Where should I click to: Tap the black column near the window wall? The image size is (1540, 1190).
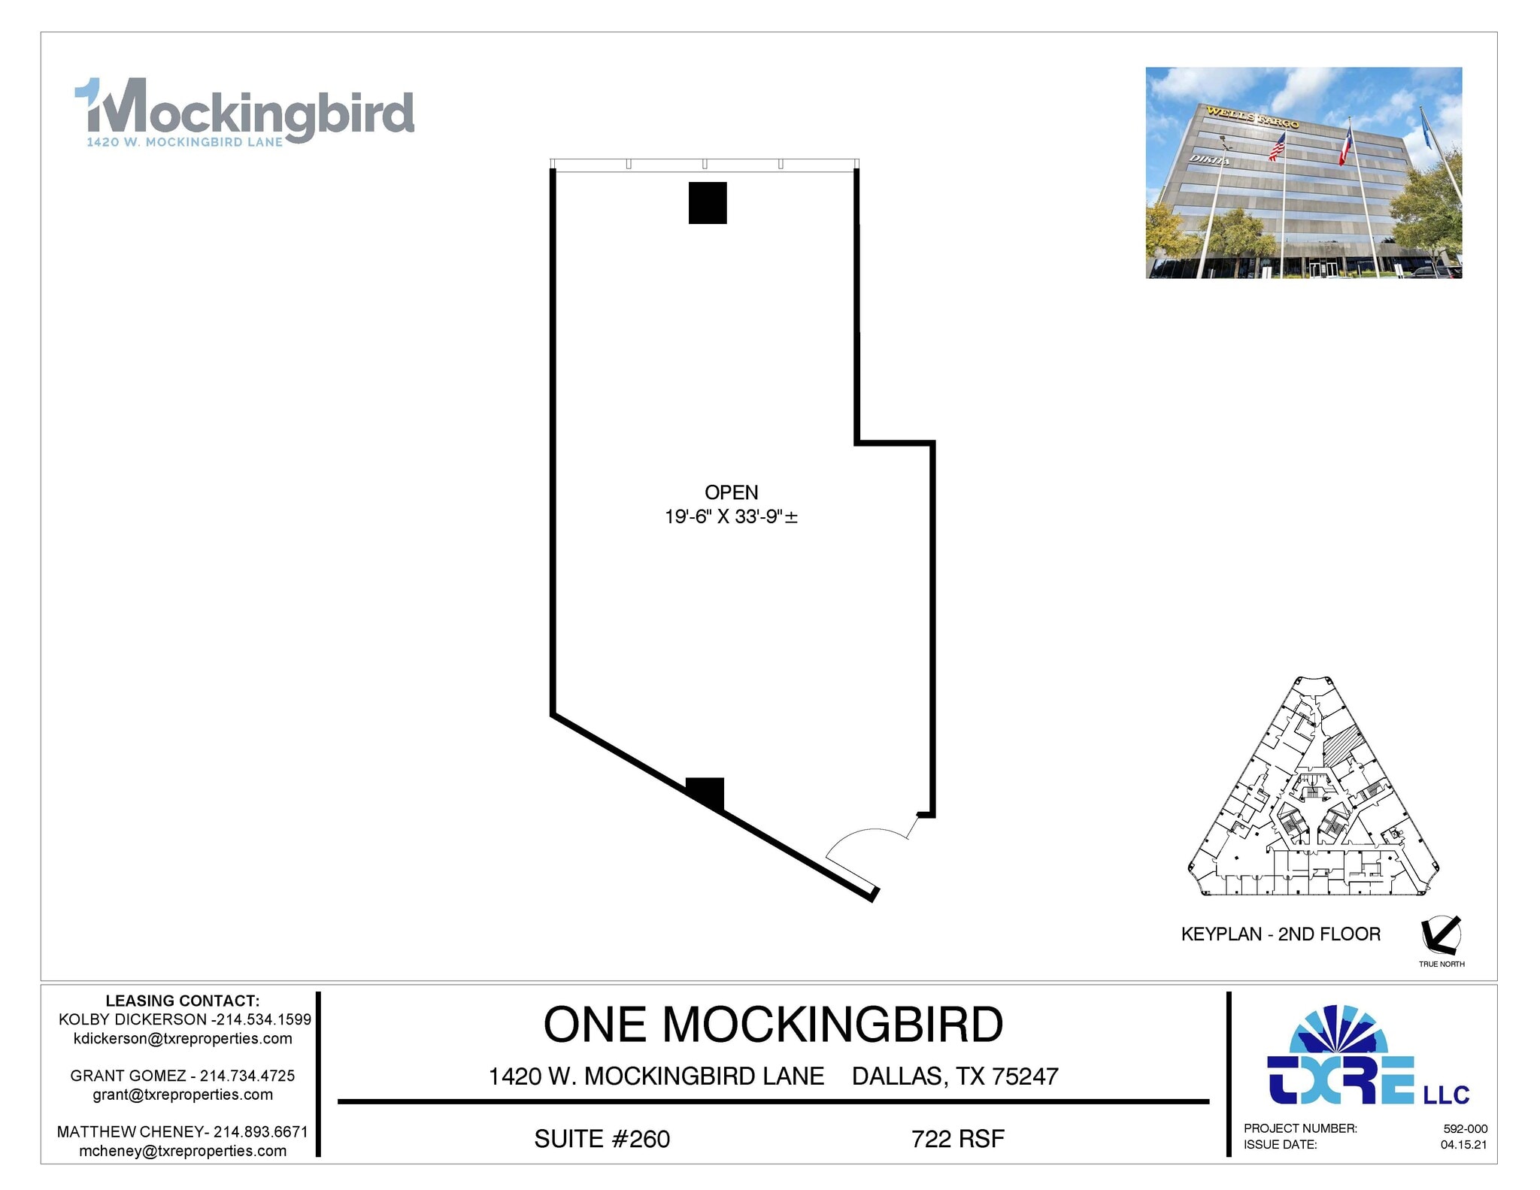[x=708, y=203]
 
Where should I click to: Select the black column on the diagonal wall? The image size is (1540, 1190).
[x=705, y=792]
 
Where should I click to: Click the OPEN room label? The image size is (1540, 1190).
[x=731, y=492]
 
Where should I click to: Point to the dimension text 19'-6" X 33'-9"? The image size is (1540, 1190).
[x=731, y=516]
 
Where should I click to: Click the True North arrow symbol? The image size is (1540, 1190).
[x=1441, y=934]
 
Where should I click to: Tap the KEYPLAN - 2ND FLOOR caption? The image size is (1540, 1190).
[x=1281, y=934]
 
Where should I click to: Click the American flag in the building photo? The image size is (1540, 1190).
[x=1277, y=147]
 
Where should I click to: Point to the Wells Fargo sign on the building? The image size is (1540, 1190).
[x=1252, y=117]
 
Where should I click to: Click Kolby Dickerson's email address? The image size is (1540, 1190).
[x=183, y=1038]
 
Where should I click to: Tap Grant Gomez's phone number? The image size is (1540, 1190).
[x=247, y=1076]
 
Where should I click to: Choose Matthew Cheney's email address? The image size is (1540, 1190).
[x=183, y=1151]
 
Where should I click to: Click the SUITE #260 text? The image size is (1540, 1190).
[x=602, y=1139]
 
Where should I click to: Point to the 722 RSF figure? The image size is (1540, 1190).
[x=957, y=1139]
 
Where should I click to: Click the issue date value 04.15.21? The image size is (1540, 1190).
[x=1463, y=1145]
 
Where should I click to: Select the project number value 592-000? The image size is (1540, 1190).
[x=1465, y=1128]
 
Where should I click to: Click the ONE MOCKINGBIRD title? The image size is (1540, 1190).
[x=773, y=1025]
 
